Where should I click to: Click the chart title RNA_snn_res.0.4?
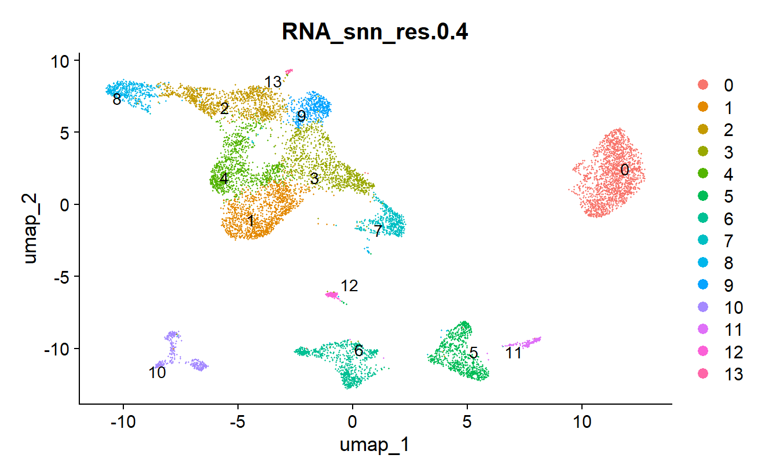click(375, 32)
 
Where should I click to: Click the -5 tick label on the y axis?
click(62, 277)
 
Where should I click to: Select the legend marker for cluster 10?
click(702, 307)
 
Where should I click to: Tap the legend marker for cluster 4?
click(702, 174)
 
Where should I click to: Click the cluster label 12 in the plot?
click(349, 285)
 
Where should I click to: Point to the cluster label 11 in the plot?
click(513, 353)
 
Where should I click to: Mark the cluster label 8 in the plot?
click(117, 100)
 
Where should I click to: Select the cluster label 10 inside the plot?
click(157, 372)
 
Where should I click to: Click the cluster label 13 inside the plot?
click(273, 82)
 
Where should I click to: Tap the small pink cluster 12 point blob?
click(332, 295)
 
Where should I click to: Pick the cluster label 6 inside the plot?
click(359, 350)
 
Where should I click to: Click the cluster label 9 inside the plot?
click(301, 116)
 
